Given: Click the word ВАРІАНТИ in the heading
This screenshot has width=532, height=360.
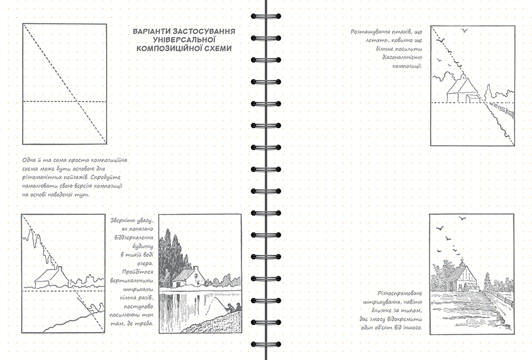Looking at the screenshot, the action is tap(151, 32).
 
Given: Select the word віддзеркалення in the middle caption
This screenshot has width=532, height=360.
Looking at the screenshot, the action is tap(134, 238).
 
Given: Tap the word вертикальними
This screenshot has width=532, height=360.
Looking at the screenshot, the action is tap(132, 280).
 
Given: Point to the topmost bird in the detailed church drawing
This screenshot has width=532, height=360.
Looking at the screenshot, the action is tap(462, 219).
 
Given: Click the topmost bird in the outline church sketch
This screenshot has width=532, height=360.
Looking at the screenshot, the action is tap(464, 31).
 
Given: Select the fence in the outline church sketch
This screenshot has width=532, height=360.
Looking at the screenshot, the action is tap(502, 110).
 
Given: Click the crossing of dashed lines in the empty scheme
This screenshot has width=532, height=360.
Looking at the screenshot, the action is tap(78, 101).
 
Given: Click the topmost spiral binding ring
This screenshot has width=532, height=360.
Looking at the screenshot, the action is tap(266, 16).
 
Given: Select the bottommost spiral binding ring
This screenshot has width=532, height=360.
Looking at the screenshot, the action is tap(266, 344).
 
